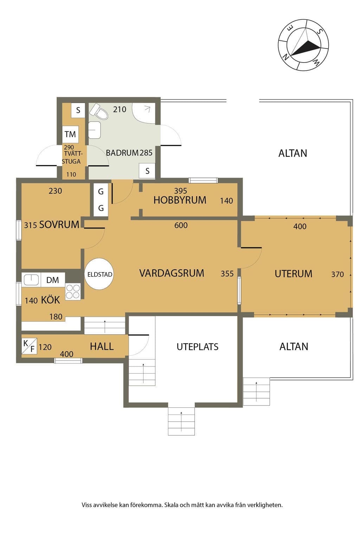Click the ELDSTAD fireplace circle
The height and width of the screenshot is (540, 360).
click(x=99, y=274)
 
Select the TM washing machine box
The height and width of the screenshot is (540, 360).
click(x=70, y=134)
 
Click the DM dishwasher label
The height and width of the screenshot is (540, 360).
click(x=53, y=280)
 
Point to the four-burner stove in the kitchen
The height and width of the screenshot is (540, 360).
click(x=73, y=291)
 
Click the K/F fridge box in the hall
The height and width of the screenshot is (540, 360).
click(x=29, y=346)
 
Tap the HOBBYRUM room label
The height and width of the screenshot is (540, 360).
click(x=180, y=200)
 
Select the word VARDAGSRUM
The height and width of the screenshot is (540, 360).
click(x=172, y=273)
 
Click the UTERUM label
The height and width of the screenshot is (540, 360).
click(x=294, y=274)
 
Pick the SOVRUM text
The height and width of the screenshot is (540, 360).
click(x=59, y=224)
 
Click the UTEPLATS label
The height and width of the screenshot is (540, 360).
click(x=198, y=347)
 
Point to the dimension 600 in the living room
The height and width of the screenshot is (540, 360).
click(x=181, y=225)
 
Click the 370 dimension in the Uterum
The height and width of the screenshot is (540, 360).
click(x=337, y=274)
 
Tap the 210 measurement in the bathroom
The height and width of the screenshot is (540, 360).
click(x=120, y=109)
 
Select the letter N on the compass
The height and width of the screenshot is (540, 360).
click(x=286, y=57)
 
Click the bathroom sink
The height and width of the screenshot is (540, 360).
click(x=95, y=130)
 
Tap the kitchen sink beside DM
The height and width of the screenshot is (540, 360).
click(x=31, y=280)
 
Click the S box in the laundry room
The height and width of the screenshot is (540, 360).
click(x=78, y=110)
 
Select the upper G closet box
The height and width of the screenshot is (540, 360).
click(x=101, y=192)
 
